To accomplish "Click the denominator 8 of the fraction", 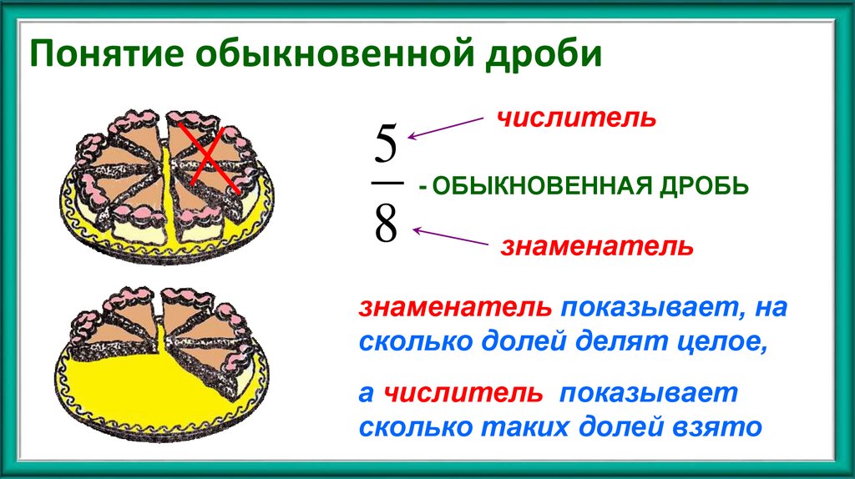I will tap(385, 223).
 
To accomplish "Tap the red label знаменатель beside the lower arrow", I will tap(597, 247).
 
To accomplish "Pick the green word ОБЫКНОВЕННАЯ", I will tap(534, 185).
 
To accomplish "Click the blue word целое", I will tap(721, 343).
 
